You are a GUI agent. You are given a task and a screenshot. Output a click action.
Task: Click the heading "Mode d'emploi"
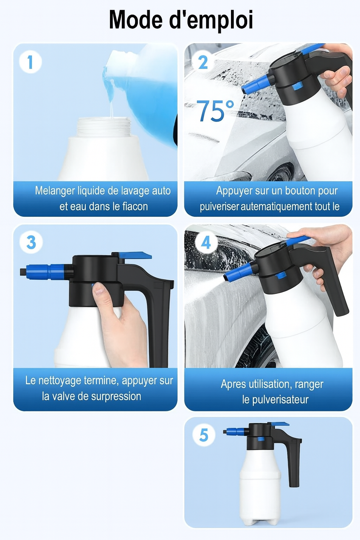pos(181,20)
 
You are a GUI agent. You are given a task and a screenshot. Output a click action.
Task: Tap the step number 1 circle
pos(30,62)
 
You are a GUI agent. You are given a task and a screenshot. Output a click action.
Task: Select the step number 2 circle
pos(203,62)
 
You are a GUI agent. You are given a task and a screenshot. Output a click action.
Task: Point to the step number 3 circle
pos(31,242)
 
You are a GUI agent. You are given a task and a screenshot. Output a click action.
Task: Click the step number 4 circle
pos(206,242)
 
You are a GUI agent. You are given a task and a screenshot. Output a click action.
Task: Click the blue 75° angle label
pos(215,110)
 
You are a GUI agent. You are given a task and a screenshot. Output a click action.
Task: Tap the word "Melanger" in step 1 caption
pos(55,191)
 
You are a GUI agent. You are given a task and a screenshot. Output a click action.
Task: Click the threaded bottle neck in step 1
pos(104,127)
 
